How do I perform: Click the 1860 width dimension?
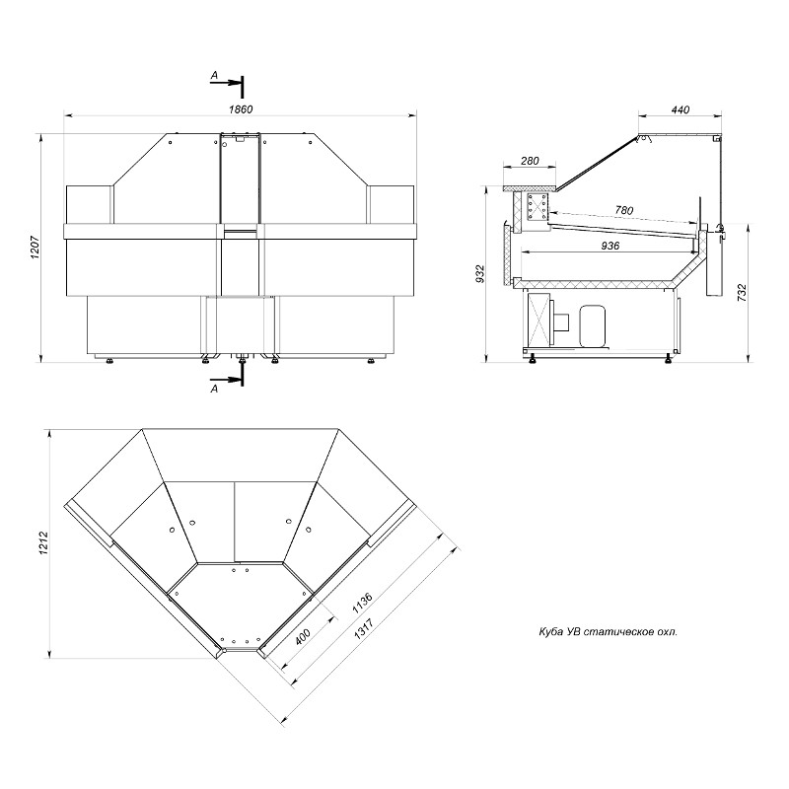click(x=241, y=109)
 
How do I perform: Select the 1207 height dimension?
click(x=35, y=248)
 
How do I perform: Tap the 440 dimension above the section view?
click(x=681, y=109)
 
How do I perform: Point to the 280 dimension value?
click(x=530, y=161)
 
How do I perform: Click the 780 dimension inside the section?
click(x=624, y=210)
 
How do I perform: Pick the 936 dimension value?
click(x=610, y=246)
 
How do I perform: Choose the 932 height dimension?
click(x=480, y=274)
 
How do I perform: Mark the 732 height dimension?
click(x=742, y=293)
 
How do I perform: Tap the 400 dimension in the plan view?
click(x=303, y=637)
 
